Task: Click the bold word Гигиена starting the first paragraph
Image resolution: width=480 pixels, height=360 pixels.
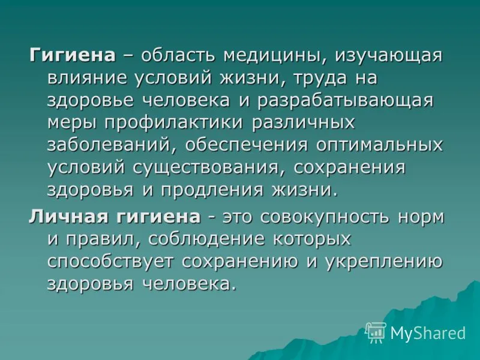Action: pos(73,55)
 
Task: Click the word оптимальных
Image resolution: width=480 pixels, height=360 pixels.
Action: pos(379,145)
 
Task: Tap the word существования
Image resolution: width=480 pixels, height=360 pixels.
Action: pos(209,168)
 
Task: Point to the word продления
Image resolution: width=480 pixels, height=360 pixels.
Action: pos(212,190)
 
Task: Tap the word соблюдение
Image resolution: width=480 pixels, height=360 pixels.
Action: pos(206,239)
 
